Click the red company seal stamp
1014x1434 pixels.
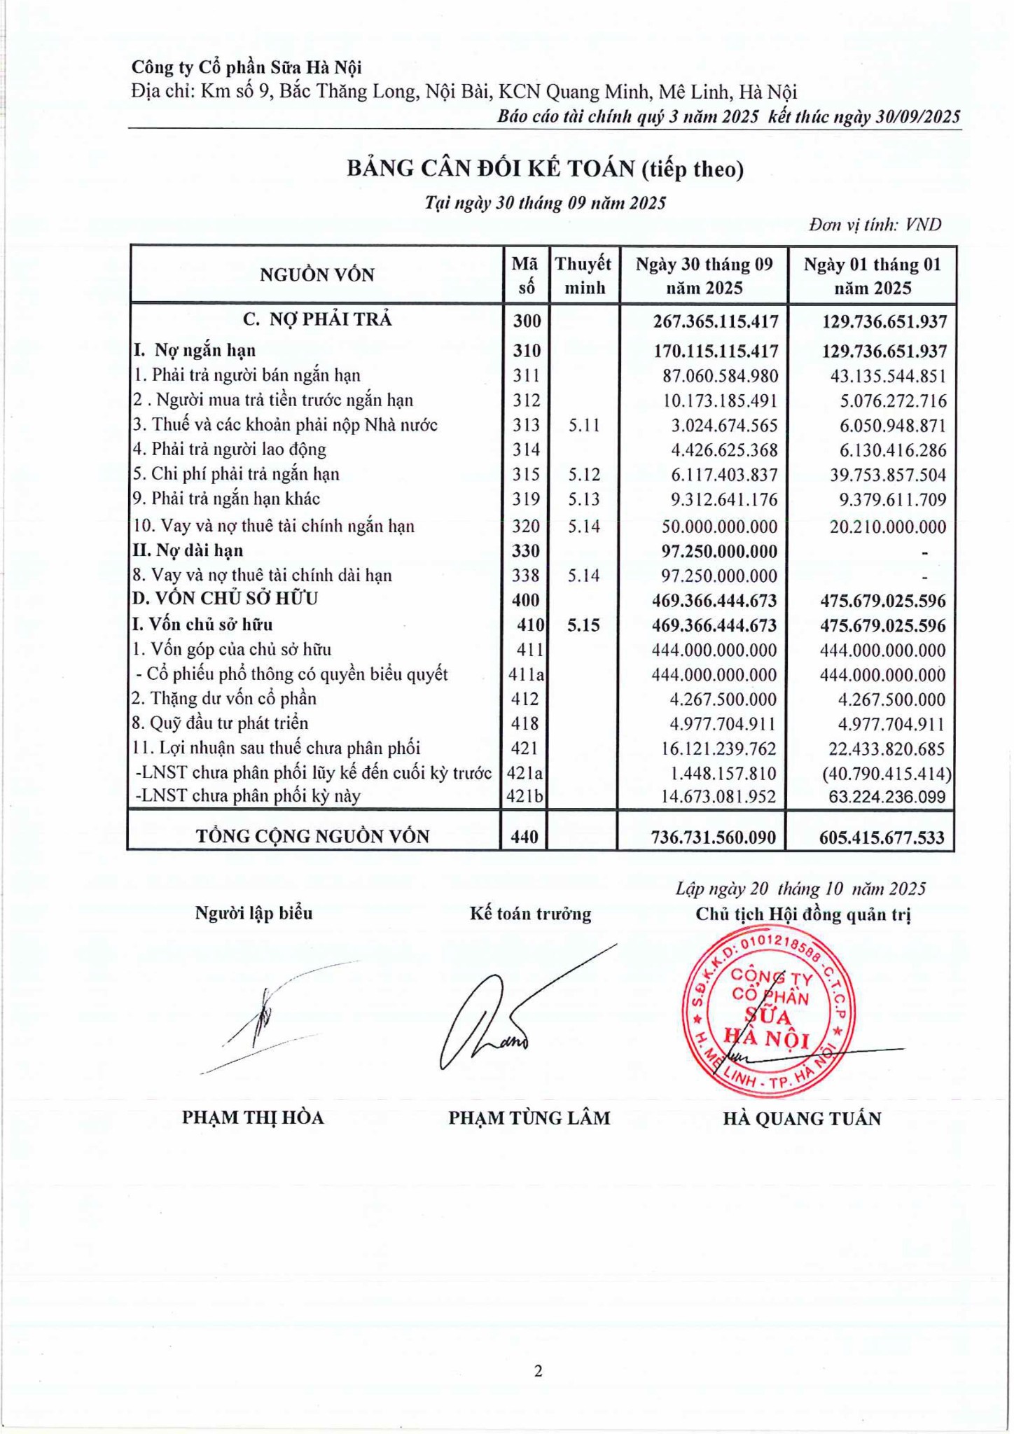pos(766,1010)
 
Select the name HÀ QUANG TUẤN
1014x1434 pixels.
pos(802,1118)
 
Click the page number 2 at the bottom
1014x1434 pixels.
pos(539,1370)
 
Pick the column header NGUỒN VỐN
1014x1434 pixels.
pos(317,275)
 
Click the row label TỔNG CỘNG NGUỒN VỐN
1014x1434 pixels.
pos(312,836)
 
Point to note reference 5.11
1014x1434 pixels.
pos(584,425)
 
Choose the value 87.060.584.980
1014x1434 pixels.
pos(720,376)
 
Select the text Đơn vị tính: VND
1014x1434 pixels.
pos(875,225)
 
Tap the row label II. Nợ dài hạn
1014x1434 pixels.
pos(188,550)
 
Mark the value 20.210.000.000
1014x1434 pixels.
pos(888,527)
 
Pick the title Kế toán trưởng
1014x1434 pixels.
pos(530,914)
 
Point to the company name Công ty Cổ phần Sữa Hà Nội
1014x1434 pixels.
pos(246,67)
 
